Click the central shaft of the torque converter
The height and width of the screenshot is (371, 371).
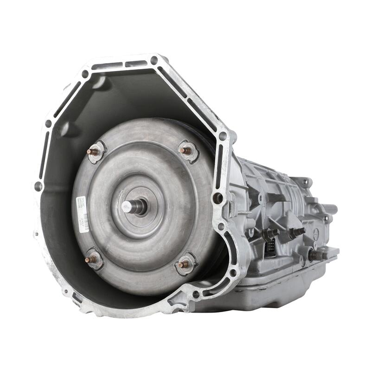click(x=134, y=207)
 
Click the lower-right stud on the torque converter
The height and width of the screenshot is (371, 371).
click(x=185, y=264)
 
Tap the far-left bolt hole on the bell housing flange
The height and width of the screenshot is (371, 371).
click(x=38, y=186)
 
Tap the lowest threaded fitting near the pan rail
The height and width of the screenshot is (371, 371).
click(x=317, y=255)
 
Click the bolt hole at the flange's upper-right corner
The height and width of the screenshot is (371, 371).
click(x=223, y=136)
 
